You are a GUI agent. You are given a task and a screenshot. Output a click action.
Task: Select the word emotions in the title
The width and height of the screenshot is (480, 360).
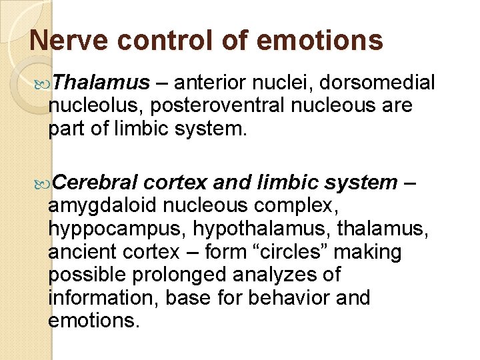[x=319, y=41]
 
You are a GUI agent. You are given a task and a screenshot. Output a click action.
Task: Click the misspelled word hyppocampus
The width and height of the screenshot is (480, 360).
[x=117, y=229]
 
